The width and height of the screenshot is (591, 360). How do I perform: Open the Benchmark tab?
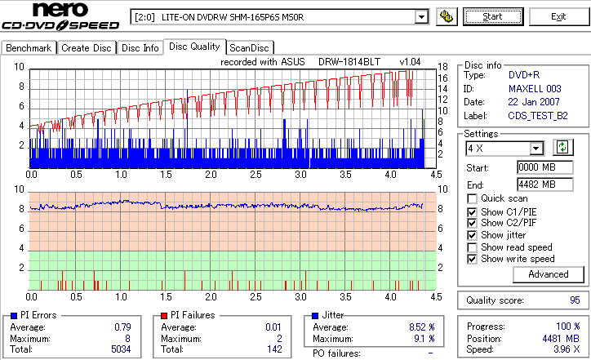[29, 48]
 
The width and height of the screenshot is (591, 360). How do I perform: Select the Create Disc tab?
[87, 48]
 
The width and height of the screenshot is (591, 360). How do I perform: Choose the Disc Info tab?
[140, 48]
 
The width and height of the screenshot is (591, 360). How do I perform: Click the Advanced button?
[549, 274]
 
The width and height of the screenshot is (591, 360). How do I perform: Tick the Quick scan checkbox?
[473, 198]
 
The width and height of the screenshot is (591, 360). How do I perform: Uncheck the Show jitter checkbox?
[473, 235]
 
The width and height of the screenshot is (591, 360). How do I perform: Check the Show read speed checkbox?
[473, 247]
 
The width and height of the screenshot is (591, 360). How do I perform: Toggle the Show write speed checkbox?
[473, 259]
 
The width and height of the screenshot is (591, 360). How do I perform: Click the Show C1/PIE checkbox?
[473, 211]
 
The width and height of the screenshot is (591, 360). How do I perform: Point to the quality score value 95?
[575, 300]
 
